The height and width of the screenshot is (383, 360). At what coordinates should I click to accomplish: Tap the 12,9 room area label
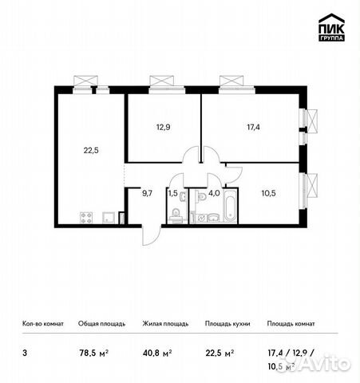[x=163, y=125]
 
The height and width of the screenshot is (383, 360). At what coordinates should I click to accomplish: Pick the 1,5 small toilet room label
[x=172, y=191]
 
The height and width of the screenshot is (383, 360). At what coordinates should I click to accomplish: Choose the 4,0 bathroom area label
[x=214, y=191]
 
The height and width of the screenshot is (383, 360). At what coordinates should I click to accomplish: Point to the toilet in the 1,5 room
[x=176, y=214]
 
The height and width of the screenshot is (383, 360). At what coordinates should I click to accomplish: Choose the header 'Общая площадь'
[x=100, y=324]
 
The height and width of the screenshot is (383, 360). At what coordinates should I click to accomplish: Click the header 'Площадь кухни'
[x=227, y=324]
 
